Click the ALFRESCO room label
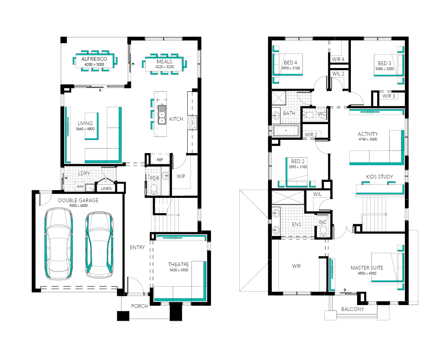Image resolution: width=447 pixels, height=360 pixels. pyautogui.click(x=94, y=59)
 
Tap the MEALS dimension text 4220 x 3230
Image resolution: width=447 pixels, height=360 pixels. pyautogui.click(x=165, y=67)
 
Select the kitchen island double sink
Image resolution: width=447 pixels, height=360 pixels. pyautogui.click(x=162, y=115)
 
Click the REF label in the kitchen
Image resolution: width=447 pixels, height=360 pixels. pyautogui.click(x=160, y=160)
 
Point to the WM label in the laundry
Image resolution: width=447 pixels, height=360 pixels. pyautogui.click(x=80, y=187)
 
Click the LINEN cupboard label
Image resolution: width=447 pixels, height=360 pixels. pyautogui.click(x=106, y=189)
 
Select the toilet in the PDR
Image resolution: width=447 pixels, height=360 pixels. pyautogui.click(x=154, y=190)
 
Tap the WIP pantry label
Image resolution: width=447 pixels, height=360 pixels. pyautogui.click(x=181, y=176)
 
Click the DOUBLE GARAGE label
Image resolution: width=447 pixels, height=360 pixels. pyautogui.click(x=78, y=200)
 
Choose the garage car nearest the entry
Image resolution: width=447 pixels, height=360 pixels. pyautogui.click(x=99, y=245)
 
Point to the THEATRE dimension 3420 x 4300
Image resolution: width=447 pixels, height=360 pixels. pyautogui.click(x=179, y=270)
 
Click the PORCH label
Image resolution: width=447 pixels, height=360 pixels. pyautogui.click(x=140, y=306)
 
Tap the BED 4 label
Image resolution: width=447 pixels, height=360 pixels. pyautogui.click(x=290, y=62)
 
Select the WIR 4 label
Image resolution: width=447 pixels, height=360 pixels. pyautogui.click(x=338, y=59)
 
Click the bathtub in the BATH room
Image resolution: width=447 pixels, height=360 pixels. pyautogui.click(x=286, y=130)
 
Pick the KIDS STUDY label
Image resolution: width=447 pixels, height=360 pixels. pyautogui.click(x=380, y=177)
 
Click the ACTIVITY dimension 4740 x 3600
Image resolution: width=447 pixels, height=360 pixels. pyautogui.click(x=368, y=139)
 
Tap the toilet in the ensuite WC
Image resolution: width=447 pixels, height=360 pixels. pyautogui.click(x=323, y=232)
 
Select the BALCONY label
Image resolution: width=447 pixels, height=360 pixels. pyautogui.click(x=353, y=309)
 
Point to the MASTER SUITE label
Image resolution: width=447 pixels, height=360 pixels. pyautogui.click(x=367, y=268)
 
